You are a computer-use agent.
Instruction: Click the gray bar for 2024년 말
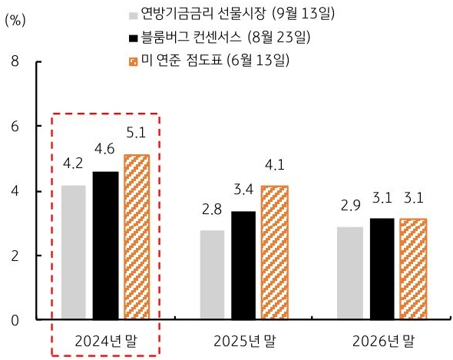[73, 252]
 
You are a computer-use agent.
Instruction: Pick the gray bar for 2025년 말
[212, 274]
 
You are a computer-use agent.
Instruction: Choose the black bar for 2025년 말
[245, 265]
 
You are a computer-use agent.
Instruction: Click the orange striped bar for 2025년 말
[274, 253]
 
